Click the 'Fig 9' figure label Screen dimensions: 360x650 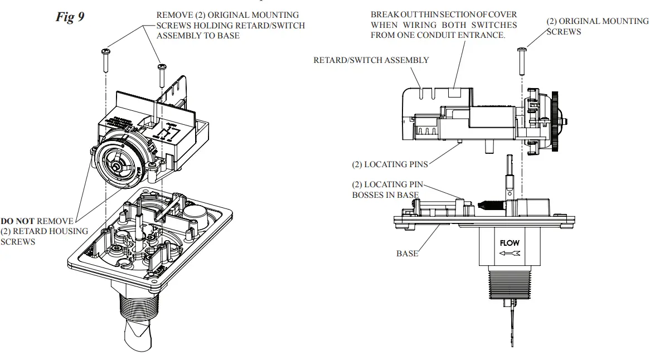70,17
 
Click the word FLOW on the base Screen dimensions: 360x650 510,243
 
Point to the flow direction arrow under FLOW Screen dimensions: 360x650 510,254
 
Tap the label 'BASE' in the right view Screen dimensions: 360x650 407,254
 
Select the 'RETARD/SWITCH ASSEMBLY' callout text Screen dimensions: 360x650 371,60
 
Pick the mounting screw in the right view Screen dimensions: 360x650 521,61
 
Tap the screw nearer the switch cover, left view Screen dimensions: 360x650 162,75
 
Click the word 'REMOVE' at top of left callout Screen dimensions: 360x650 173,15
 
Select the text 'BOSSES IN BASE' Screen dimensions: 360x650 385,195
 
